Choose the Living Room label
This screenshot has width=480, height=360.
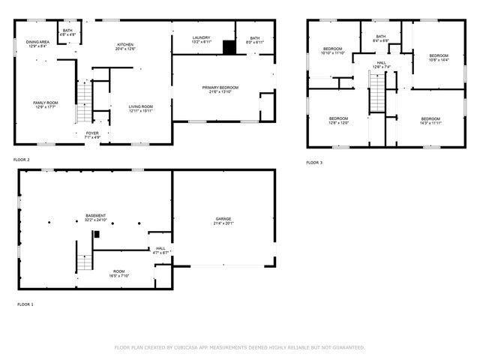click(141, 108)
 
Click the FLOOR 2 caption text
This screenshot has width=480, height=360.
click(21, 160)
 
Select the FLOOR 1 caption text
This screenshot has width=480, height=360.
click(25, 304)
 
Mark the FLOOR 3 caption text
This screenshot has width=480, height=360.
click(313, 162)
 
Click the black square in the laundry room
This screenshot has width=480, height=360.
click(229, 47)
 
